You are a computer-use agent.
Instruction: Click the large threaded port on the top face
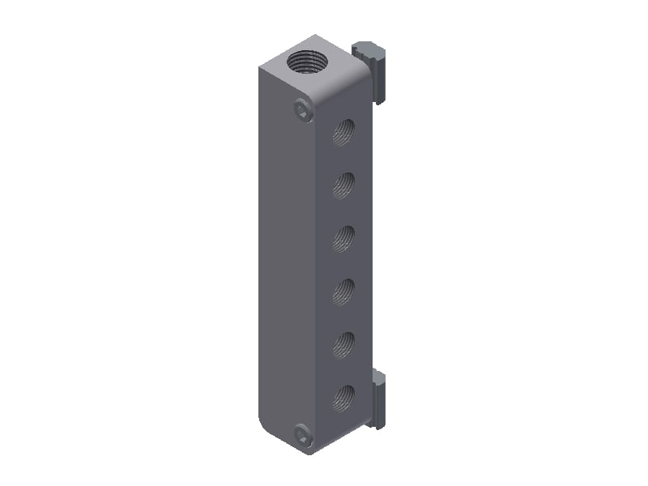(307, 62)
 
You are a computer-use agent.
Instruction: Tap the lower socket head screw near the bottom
(303, 435)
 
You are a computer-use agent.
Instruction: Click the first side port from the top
(344, 131)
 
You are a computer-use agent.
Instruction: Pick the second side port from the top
(344, 185)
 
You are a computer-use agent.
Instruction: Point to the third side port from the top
(344, 237)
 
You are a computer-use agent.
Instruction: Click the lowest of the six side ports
(344, 396)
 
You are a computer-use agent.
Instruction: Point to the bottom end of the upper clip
(379, 99)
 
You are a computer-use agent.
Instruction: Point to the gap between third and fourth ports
(344, 264)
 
